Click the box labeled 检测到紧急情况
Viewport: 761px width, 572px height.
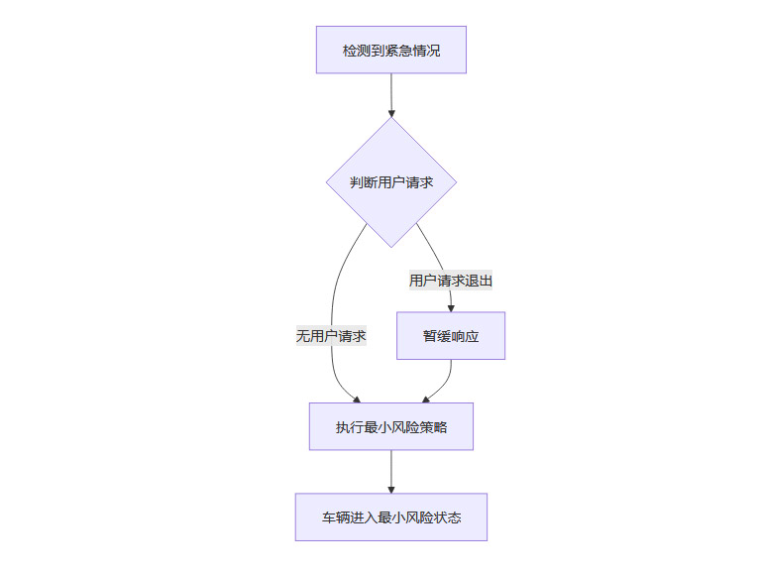[x=390, y=50]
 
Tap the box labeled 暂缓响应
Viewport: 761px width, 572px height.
[x=450, y=336]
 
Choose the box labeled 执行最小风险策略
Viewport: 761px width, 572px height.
[x=390, y=426]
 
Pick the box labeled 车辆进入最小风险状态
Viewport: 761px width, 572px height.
[x=390, y=516]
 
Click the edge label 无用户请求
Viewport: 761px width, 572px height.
[x=331, y=336]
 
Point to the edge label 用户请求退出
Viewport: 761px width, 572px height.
[x=451, y=281]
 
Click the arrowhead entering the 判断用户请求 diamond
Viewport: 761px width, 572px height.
[x=391, y=113]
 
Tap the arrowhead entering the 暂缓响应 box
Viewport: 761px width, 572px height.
[x=451, y=307]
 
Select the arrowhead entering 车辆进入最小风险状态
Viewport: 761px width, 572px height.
[x=391, y=488]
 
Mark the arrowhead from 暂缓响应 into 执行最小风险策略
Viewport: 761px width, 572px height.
[x=426, y=399]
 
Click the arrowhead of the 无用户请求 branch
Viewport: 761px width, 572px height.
[x=356, y=399]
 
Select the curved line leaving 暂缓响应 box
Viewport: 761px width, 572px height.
[x=448, y=377]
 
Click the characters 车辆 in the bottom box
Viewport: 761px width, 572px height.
[x=335, y=516]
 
